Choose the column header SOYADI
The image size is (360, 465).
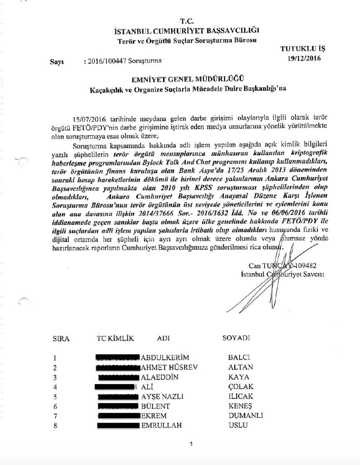click(x=236, y=339)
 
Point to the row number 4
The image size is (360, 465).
click(x=55, y=387)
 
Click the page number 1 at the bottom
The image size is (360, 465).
click(x=191, y=444)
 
